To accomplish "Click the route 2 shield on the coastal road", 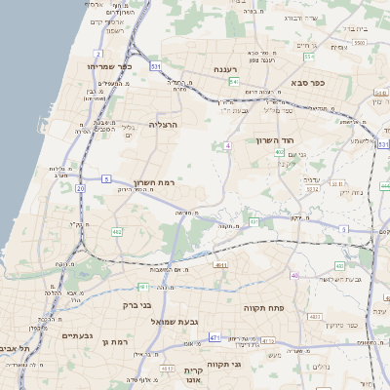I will point(98,54).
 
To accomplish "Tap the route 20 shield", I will point(80,188).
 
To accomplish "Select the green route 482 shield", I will point(117,232).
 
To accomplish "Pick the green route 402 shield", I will point(279,153).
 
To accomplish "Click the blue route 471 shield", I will point(214,337).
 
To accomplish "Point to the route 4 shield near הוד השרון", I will point(227,145).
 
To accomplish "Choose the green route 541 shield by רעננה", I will point(234,83).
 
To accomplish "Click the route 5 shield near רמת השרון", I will point(105,179).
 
